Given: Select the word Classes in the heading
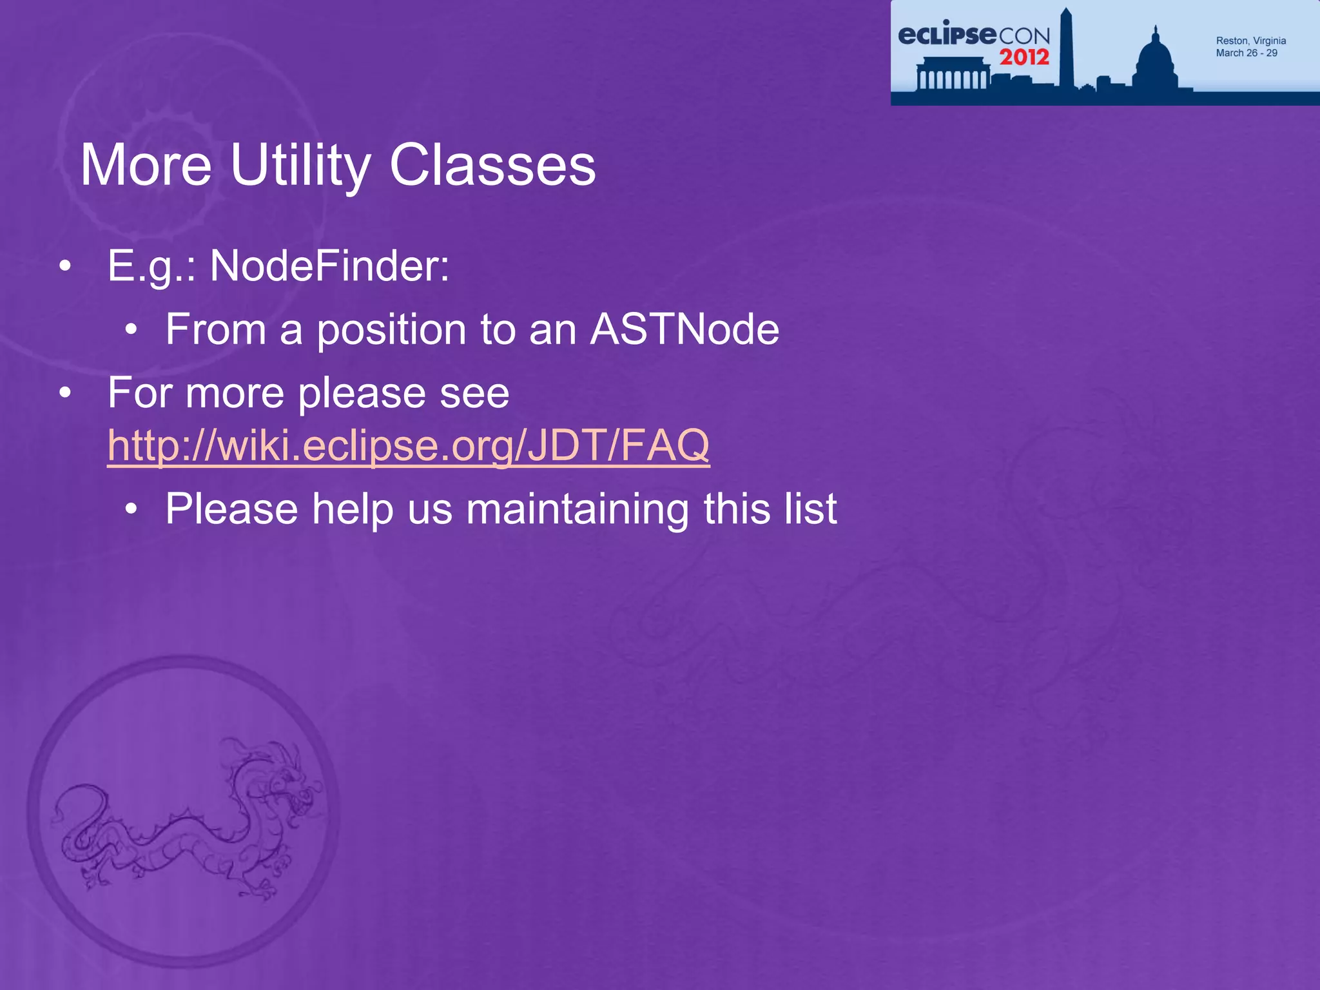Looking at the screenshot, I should click(x=492, y=166).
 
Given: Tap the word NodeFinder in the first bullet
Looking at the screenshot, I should click(x=329, y=266).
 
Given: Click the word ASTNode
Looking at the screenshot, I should click(x=684, y=329).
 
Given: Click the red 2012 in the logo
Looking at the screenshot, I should click(x=1024, y=57).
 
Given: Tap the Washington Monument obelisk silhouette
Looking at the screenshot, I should click(x=1066, y=52).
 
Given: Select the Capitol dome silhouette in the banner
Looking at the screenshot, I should click(x=1156, y=61).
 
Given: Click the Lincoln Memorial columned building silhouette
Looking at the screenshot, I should click(x=953, y=74).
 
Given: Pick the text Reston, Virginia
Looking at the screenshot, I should click(x=1250, y=41).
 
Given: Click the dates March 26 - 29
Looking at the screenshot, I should click(x=1247, y=53).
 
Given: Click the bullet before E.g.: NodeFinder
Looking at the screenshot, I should click(x=64, y=267).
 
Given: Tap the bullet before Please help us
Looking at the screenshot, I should click(x=131, y=510).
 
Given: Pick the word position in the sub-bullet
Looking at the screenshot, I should click(x=391, y=329).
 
